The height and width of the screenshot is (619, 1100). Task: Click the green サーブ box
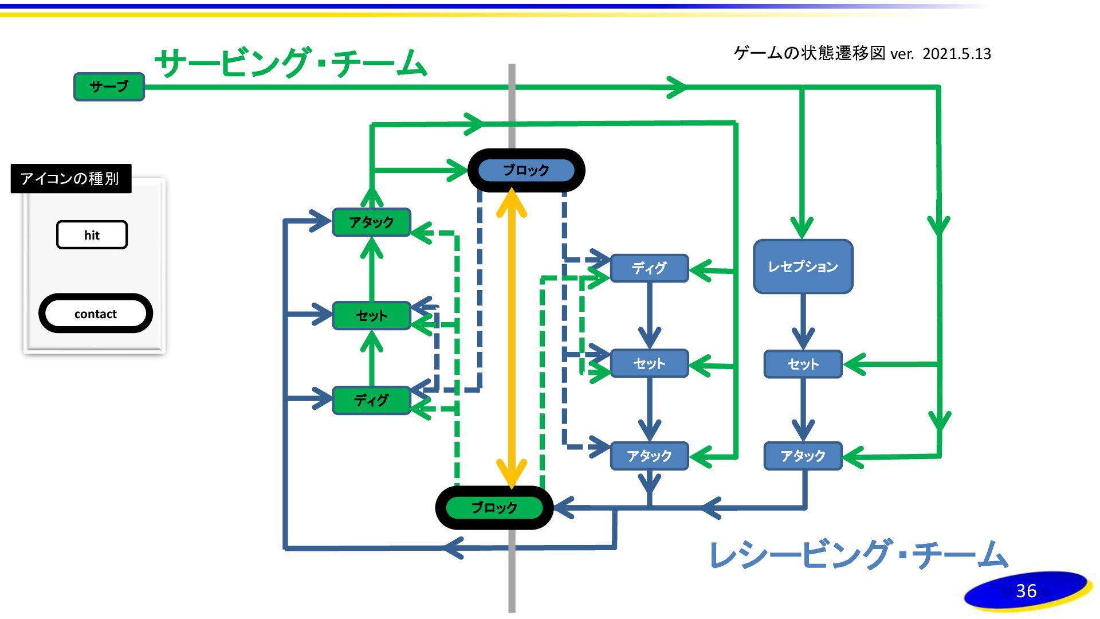[x=109, y=87]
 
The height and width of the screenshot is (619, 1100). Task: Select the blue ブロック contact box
[x=526, y=170]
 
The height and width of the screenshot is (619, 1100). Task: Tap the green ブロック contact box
[x=494, y=508]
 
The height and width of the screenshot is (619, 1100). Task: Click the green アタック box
[x=371, y=222]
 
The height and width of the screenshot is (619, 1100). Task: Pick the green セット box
[x=371, y=315]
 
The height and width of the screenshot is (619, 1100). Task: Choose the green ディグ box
[x=371, y=400]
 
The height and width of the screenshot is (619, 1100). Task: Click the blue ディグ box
[x=649, y=268]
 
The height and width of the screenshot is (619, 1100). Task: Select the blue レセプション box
[x=803, y=267]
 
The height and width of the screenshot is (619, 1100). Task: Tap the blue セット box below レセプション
[x=803, y=364]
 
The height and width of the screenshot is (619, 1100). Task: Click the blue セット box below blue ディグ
[x=649, y=363]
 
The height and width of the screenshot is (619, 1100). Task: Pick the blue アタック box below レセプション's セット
[x=803, y=456]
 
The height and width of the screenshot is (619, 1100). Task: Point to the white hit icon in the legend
[x=92, y=235]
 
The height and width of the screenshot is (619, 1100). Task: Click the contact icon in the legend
[x=95, y=314]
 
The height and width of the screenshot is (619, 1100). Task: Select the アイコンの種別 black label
[x=70, y=179]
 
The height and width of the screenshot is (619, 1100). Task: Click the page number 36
[x=1026, y=590]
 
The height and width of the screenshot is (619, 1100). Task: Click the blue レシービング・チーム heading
[x=858, y=554]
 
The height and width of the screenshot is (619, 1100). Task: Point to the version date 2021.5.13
[x=956, y=54]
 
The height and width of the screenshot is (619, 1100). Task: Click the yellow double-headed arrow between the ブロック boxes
[x=511, y=338]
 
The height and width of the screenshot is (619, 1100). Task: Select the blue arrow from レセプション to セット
[x=803, y=321]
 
